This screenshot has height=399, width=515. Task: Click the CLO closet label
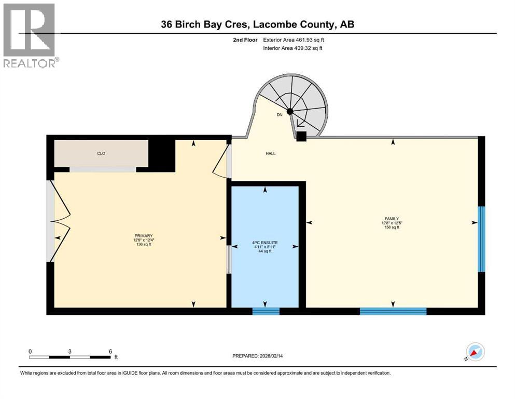(x=101, y=153)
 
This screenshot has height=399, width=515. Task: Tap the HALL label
(x=270, y=153)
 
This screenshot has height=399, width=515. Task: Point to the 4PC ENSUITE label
(x=265, y=242)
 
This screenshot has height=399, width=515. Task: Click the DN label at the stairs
(x=280, y=115)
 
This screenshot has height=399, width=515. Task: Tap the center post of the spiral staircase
(x=290, y=111)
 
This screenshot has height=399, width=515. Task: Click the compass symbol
(x=475, y=352)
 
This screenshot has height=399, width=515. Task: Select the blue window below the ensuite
(x=266, y=311)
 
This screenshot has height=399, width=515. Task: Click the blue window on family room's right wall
(x=481, y=239)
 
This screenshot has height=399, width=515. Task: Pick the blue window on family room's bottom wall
(x=393, y=311)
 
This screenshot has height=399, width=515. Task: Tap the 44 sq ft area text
(x=265, y=251)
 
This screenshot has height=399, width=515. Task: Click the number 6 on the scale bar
(x=110, y=351)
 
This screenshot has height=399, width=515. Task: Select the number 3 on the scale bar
(x=69, y=351)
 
